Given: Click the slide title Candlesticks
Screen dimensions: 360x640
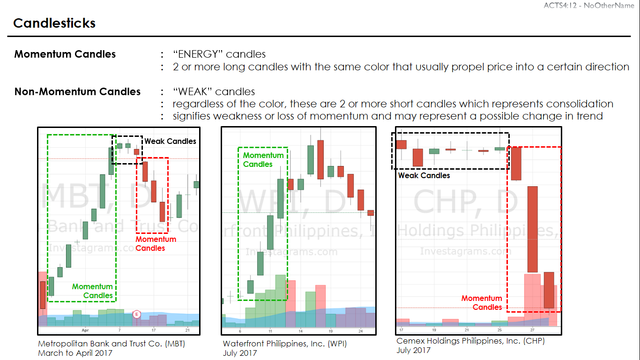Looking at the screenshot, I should (x=54, y=23).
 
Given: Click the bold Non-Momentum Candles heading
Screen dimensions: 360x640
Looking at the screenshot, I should (x=77, y=91).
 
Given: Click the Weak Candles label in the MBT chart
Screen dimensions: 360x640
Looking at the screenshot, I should (x=170, y=141).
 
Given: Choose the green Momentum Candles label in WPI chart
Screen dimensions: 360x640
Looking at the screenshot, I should (x=263, y=159).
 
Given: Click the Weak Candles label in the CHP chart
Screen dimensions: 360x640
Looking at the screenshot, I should (x=424, y=175).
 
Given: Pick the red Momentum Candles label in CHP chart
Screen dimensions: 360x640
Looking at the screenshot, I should (x=482, y=302).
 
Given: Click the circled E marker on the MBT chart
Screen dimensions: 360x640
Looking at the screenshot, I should (x=137, y=314).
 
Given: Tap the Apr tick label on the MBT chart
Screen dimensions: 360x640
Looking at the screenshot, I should (x=85, y=330).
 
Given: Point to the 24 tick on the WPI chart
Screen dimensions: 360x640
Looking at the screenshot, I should (x=360, y=331).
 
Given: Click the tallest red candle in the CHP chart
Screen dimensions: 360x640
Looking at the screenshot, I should (x=533, y=229).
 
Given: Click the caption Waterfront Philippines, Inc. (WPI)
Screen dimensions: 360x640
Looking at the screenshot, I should (x=284, y=344).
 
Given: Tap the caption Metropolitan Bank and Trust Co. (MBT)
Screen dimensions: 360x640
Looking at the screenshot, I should (x=112, y=344).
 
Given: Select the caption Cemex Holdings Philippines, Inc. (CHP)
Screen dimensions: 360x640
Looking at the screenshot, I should (x=470, y=341).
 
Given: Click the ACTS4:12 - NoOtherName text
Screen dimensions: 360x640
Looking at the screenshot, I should (x=589, y=5).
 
